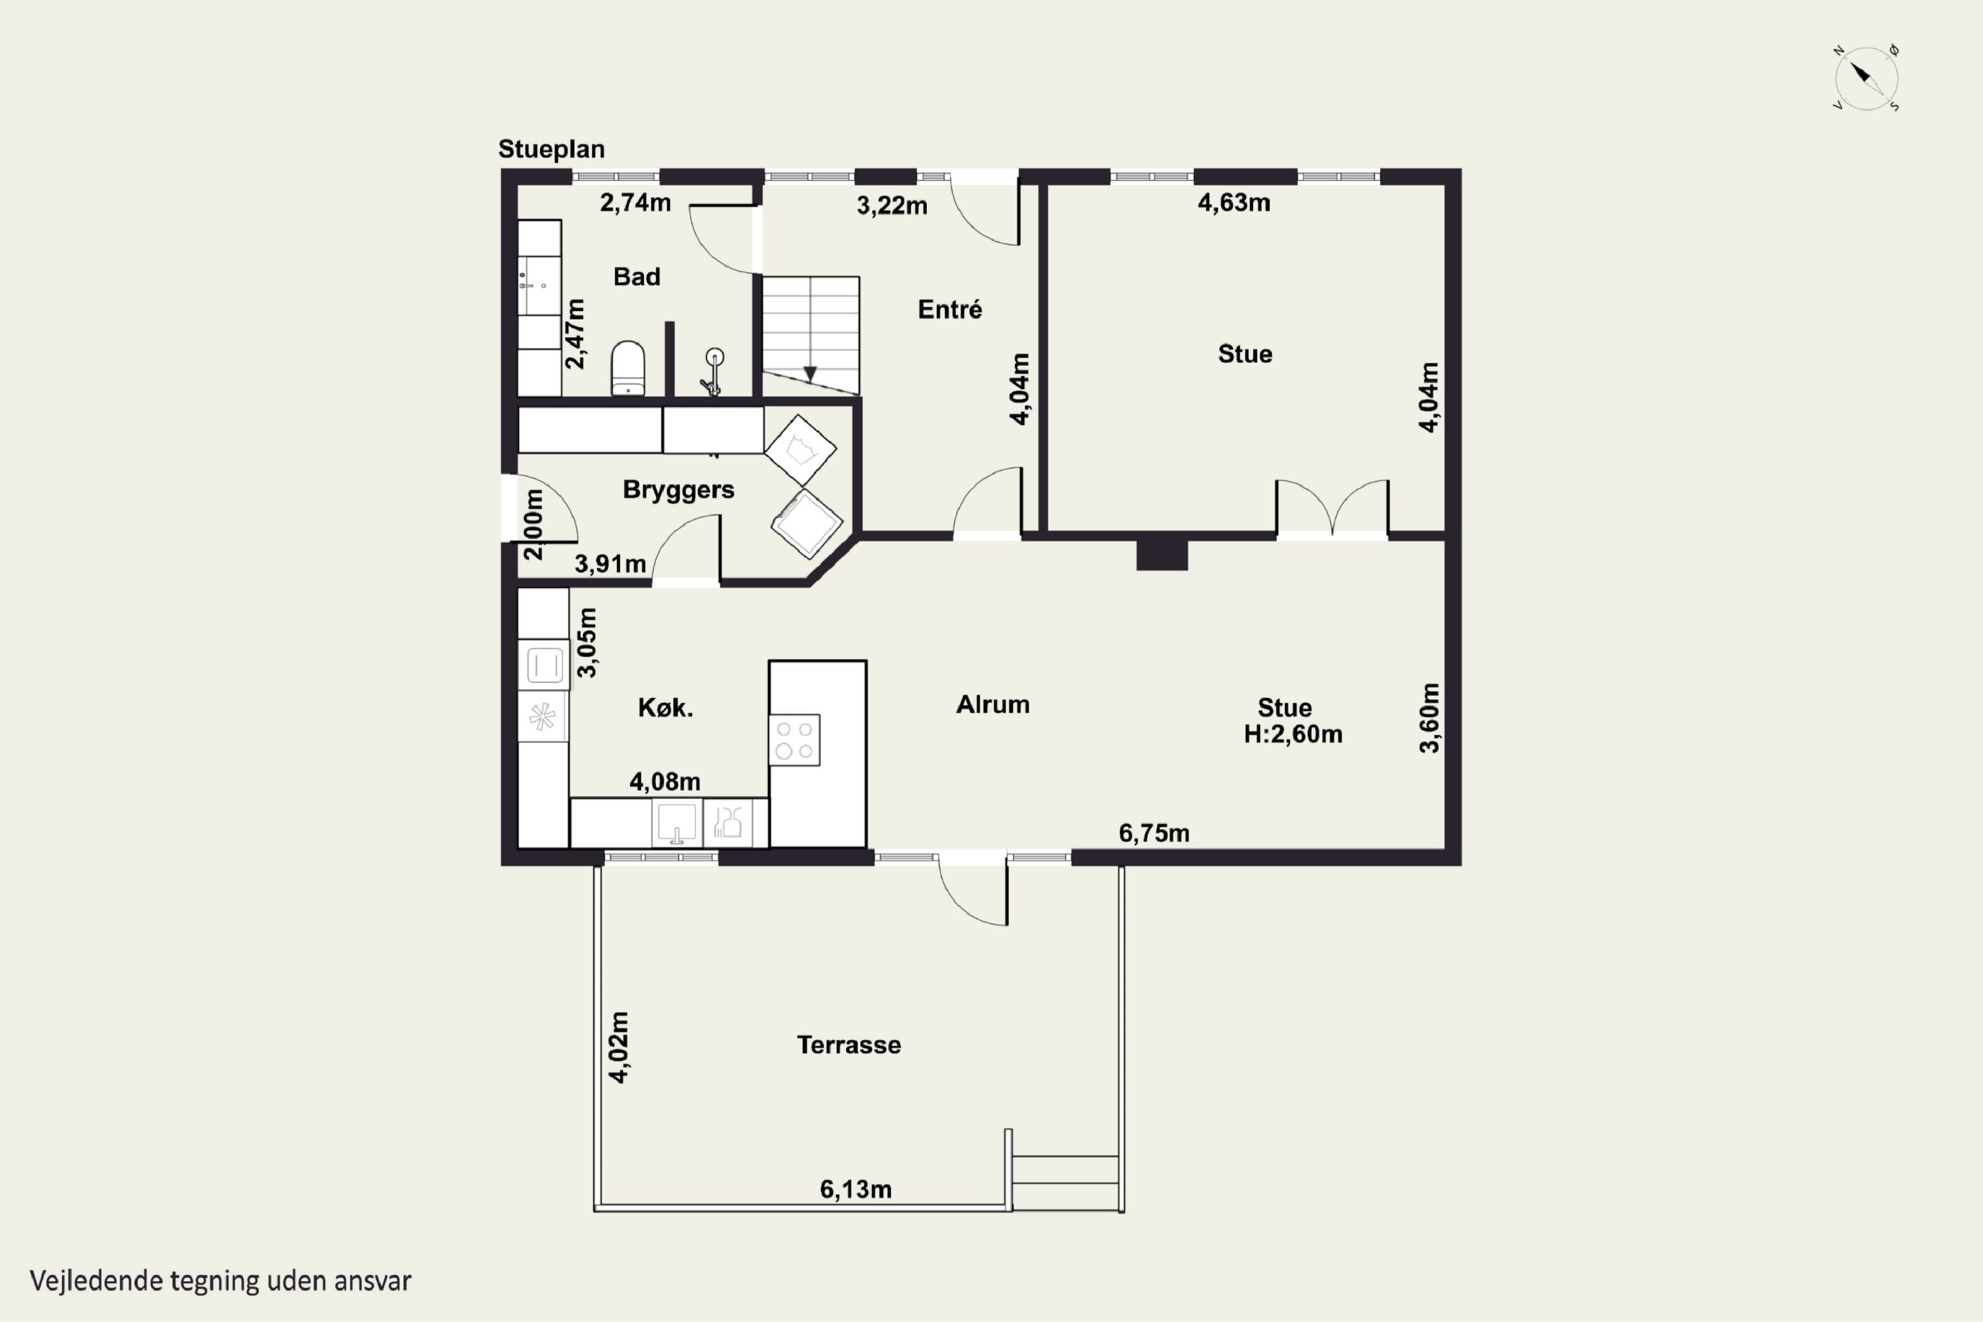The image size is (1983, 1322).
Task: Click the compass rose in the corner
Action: tap(1866, 79)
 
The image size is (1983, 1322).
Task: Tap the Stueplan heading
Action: tap(551, 149)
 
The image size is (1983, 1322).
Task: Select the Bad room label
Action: tap(637, 276)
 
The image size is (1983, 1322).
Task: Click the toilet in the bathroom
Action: tap(627, 368)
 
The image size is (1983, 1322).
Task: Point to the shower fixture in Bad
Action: tap(713, 371)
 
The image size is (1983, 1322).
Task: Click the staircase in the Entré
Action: tap(811, 334)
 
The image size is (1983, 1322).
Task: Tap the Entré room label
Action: tap(949, 309)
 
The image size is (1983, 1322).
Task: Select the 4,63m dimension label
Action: tap(1233, 202)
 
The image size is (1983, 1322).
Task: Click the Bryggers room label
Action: tap(678, 490)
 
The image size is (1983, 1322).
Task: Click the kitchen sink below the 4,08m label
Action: tap(676, 823)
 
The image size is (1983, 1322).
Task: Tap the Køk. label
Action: tap(665, 707)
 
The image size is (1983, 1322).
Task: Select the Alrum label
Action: tap(992, 705)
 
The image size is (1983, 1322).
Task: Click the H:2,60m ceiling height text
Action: tap(1292, 734)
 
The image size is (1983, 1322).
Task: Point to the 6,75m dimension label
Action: tap(1153, 833)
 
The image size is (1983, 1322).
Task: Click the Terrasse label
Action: tap(848, 1046)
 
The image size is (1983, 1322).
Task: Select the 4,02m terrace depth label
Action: tap(619, 1047)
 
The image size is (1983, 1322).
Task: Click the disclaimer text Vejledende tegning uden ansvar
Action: tap(221, 1281)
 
